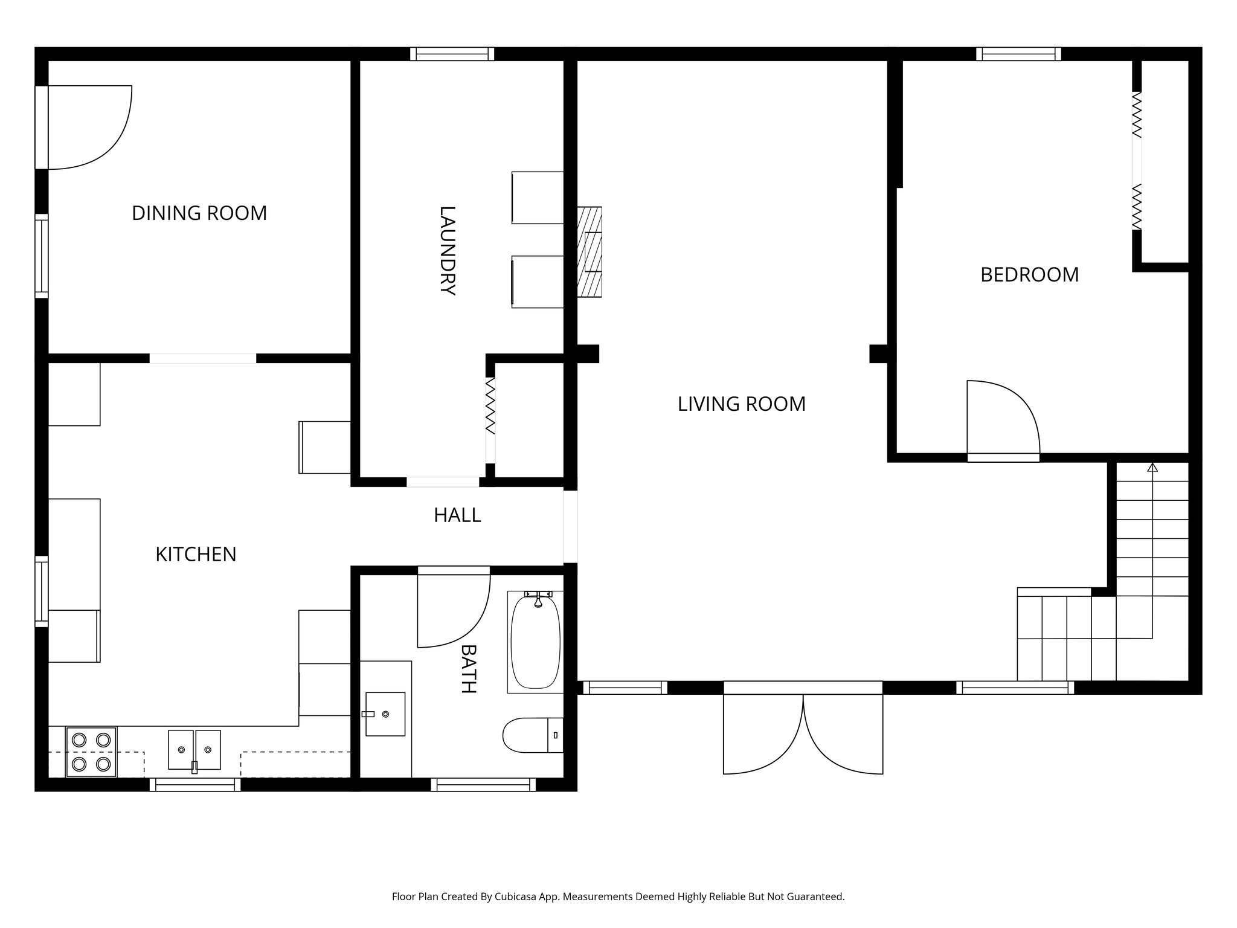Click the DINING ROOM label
199,213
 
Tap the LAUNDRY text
447,250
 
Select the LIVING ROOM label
741,404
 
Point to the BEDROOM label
1029,275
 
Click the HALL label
457,515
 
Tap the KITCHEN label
196,555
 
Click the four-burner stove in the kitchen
91,752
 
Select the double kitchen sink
194,750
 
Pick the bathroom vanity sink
385,714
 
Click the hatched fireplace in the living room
590,252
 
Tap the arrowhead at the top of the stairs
1152,467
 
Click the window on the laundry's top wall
452,54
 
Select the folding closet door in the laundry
490,406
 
